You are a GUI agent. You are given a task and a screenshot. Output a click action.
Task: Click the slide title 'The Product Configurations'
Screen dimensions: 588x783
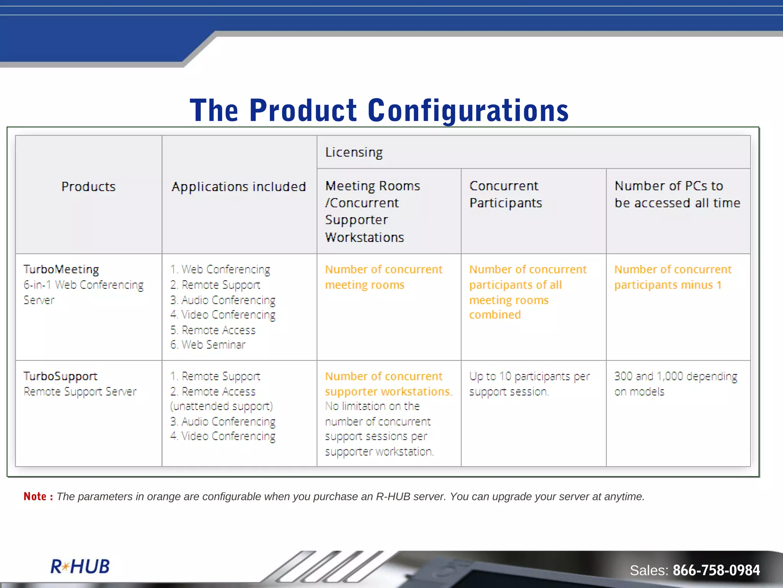(379, 110)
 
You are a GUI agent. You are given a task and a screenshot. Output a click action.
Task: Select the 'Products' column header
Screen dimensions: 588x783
(88, 187)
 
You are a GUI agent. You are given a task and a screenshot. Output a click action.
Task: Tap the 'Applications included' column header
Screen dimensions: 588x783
(239, 187)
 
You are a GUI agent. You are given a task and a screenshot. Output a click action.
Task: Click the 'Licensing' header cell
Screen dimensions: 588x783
(354, 152)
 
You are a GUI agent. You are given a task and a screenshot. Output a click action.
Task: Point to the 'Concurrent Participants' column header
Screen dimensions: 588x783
(505, 194)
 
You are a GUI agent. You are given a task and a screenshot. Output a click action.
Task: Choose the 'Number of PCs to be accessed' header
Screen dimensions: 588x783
(677, 194)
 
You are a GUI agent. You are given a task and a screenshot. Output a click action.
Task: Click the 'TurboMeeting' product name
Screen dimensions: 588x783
(61, 269)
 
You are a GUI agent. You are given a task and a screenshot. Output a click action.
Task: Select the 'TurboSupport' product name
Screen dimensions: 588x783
(60, 376)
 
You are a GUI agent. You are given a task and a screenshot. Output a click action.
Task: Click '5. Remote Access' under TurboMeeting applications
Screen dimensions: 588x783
(213, 330)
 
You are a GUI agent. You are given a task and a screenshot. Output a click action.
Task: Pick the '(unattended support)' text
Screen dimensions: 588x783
(221, 406)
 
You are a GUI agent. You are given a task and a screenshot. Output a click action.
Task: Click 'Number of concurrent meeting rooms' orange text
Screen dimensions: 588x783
(383, 277)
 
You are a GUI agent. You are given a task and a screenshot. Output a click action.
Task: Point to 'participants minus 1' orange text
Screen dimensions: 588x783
(668, 285)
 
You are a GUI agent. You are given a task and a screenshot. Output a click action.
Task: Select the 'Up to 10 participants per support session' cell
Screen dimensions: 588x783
(529, 384)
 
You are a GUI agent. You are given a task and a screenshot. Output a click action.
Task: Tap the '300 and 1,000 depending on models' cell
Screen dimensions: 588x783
(676, 384)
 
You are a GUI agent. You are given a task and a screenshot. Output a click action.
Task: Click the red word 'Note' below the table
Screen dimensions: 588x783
(35, 497)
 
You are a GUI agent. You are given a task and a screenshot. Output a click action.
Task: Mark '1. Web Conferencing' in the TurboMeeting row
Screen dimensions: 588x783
(220, 269)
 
